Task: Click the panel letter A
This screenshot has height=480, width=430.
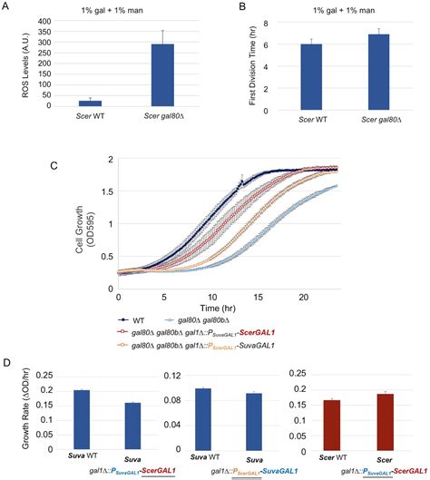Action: (8, 7)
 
